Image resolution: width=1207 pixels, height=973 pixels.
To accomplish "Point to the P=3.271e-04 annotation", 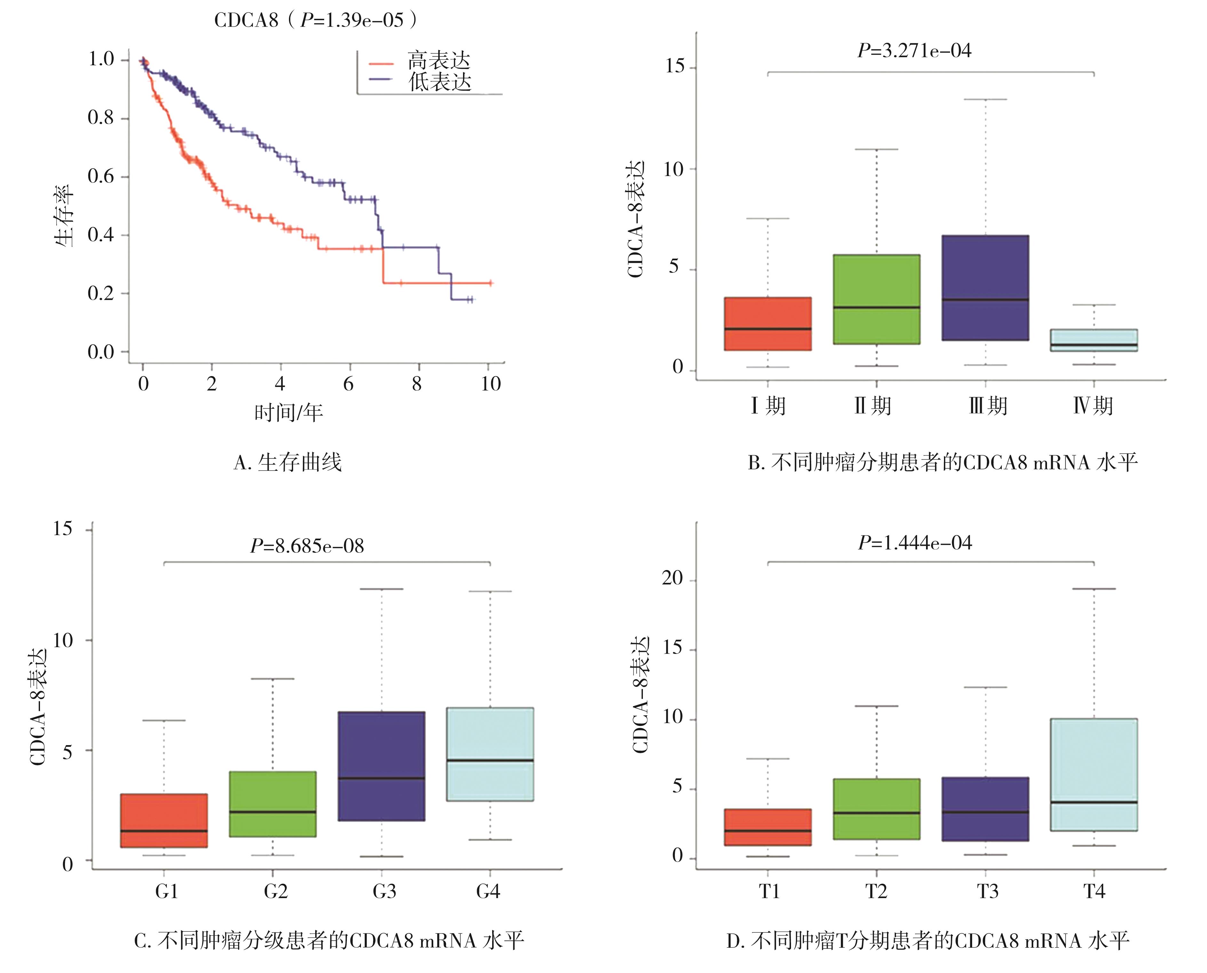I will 915,51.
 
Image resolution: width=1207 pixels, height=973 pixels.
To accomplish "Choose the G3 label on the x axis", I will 384,891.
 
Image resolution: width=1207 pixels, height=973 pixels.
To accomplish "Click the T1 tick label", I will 769,891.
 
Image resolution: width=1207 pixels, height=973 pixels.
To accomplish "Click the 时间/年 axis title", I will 289,413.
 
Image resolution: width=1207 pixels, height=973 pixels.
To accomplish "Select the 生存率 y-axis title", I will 64,216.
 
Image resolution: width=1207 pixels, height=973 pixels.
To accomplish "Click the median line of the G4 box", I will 490,760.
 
